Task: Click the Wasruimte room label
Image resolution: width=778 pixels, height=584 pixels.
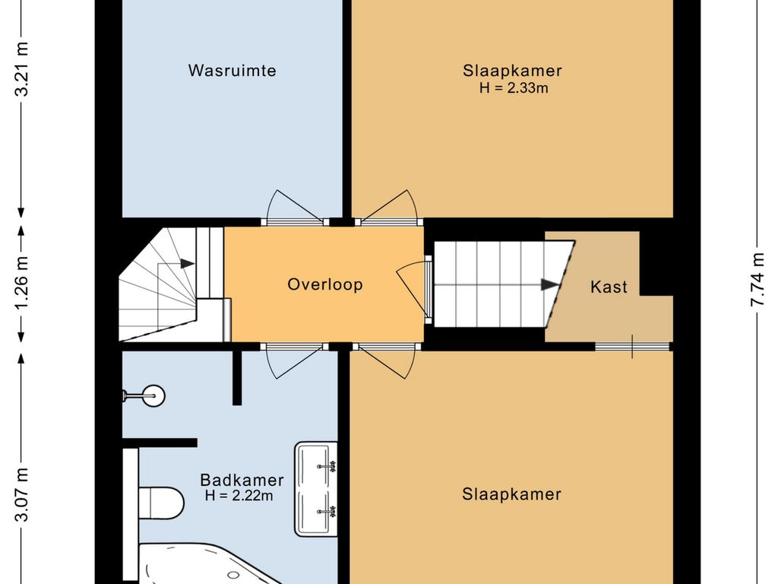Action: pyautogui.click(x=232, y=71)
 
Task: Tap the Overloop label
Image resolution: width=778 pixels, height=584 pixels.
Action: pyautogui.click(x=325, y=284)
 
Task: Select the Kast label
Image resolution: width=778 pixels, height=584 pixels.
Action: pyautogui.click(x=609, y=287)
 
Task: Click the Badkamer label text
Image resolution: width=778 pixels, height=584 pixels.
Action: pyautogui.click(x=242, y=480)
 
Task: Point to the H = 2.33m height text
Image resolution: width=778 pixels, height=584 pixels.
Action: pyautogui.click(x=514, y=88)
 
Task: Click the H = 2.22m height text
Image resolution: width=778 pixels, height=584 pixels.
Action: pyautogui.click(x=239, y=495)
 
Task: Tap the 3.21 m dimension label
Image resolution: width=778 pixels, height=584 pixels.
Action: pyautogui.click(x=22, y=69)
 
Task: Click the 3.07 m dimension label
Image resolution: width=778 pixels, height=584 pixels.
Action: pyautogui.click(x=22, y=494)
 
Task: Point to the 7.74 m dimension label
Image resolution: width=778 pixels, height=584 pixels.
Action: pyautogui.click(x=757, y=280)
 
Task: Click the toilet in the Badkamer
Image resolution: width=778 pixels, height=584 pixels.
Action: pyautogui.click(x=160, y=503)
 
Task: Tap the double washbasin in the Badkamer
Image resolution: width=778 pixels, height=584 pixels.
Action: pyautogui.click(x=316, y=489)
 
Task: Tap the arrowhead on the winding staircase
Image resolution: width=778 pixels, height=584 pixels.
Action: pyautogui.click(x=187, y=264)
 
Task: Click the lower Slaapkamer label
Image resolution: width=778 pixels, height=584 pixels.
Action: pyautogui.click(x=511, y=494)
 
